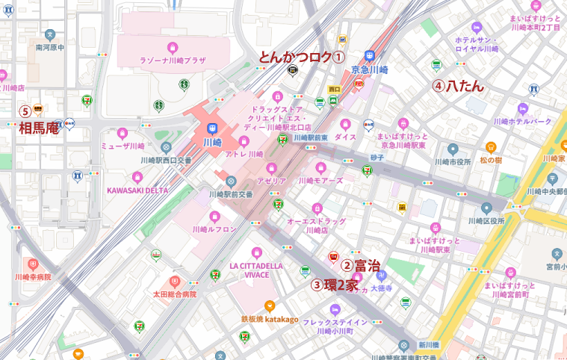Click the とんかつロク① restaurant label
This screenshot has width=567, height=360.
pos(301,57)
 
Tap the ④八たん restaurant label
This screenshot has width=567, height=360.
pos(458,86)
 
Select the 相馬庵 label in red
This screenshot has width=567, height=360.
pos(39,128)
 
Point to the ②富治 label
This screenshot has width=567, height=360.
pos(361,265)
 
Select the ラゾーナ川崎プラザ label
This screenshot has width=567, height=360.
pos(175,60)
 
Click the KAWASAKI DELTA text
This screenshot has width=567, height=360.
pos(137,190)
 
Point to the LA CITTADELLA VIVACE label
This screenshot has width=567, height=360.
pos(256,270)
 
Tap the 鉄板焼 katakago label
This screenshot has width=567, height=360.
pos(270,319)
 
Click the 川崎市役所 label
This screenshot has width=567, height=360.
pos(453,161)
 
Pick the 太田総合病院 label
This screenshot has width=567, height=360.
pos(174,294)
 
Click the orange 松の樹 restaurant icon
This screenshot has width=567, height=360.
pos(491,148)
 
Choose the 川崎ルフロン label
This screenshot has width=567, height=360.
pos(214,229)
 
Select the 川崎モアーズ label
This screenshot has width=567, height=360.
pos(320,180)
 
